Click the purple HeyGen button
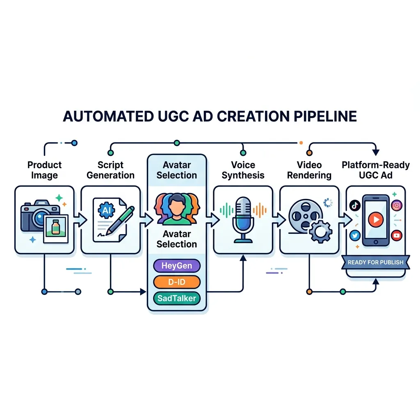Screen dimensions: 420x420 coord(177,266)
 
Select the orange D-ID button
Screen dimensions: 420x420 coord(177,282)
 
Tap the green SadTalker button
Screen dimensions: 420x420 coord(177,298)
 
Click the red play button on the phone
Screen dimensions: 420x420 coord(375,219)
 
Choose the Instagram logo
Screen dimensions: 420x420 coord(396,206)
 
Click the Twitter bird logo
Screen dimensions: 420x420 coord(355,235)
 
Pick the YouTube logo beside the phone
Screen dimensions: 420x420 coord(396,235)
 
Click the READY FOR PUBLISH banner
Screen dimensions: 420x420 coord(375,262)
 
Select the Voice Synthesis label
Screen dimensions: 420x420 coord(243,170)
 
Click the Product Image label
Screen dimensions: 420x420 coord(44,170)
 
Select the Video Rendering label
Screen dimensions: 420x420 coord(309,170)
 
